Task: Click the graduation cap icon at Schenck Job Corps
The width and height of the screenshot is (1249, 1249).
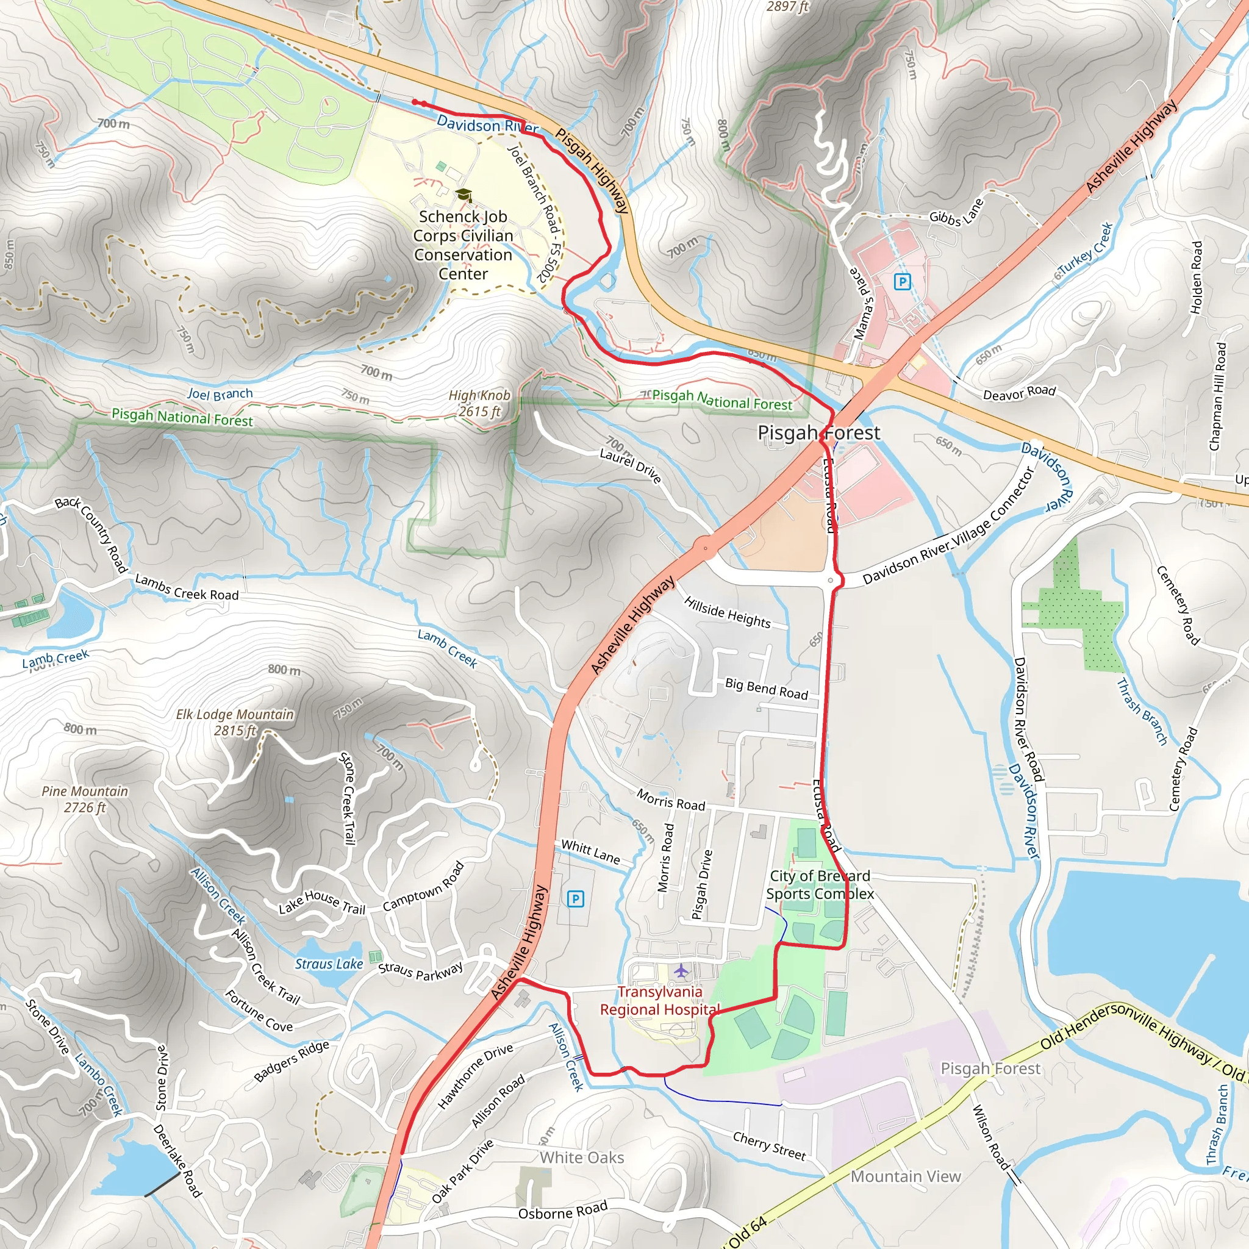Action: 463,195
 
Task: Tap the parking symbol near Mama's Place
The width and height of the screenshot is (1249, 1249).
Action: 902,281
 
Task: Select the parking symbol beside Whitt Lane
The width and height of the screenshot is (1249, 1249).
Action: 575,898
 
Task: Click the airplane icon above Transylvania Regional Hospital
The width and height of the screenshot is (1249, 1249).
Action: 681,970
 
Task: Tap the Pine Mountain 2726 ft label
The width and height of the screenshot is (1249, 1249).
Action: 85,799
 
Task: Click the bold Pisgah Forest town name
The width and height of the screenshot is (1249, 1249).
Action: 818,432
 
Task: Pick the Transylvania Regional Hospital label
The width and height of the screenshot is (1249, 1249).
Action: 659,1001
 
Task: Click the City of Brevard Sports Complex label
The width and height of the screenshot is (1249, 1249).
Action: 820,884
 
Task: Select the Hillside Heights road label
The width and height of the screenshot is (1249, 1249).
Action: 728,612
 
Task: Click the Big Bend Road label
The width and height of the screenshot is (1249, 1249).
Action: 766,689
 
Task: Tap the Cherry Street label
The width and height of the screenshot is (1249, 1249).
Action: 769,1145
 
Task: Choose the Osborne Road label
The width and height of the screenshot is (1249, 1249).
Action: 562,1209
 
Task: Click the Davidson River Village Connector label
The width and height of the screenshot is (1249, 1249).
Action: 949,527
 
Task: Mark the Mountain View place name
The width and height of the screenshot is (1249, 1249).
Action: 906,1176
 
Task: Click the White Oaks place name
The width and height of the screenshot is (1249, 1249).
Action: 582,1157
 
